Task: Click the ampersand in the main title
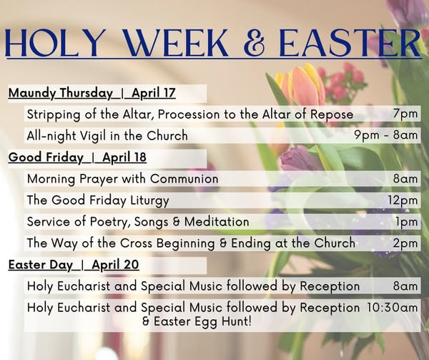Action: (254, 42)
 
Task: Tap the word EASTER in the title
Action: (350, 42)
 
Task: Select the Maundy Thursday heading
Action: (61, 93)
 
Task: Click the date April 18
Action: (124, 157)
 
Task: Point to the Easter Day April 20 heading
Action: (74, 265)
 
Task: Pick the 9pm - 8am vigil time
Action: (386, 135)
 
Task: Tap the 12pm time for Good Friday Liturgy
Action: (403, 200)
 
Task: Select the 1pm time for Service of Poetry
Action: (407, 222)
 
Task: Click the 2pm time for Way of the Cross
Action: (405, 243)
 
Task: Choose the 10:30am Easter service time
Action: (393, 308)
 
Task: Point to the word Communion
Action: (184, 179)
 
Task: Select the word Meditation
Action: (217, 222)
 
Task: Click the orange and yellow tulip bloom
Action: (300, 84)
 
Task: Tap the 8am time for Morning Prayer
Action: (405, 179)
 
